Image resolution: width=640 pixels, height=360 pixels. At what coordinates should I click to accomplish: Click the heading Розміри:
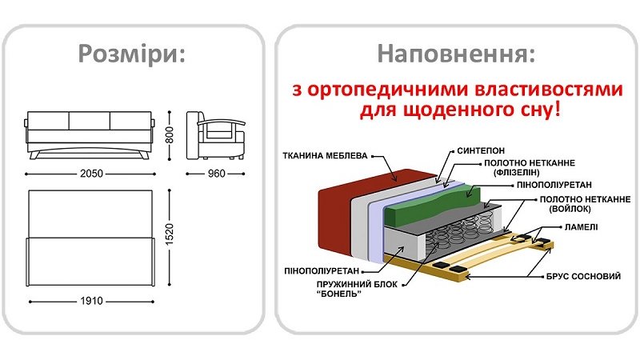click(133, 54)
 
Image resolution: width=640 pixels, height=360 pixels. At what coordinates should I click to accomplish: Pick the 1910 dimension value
click(90, 302)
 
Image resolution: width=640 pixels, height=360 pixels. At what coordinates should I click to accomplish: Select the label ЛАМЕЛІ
click(579, 228)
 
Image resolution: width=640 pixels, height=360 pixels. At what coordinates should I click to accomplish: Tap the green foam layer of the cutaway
click(432, 204)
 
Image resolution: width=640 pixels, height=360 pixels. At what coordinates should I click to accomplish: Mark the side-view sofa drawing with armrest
click(215, 136)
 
